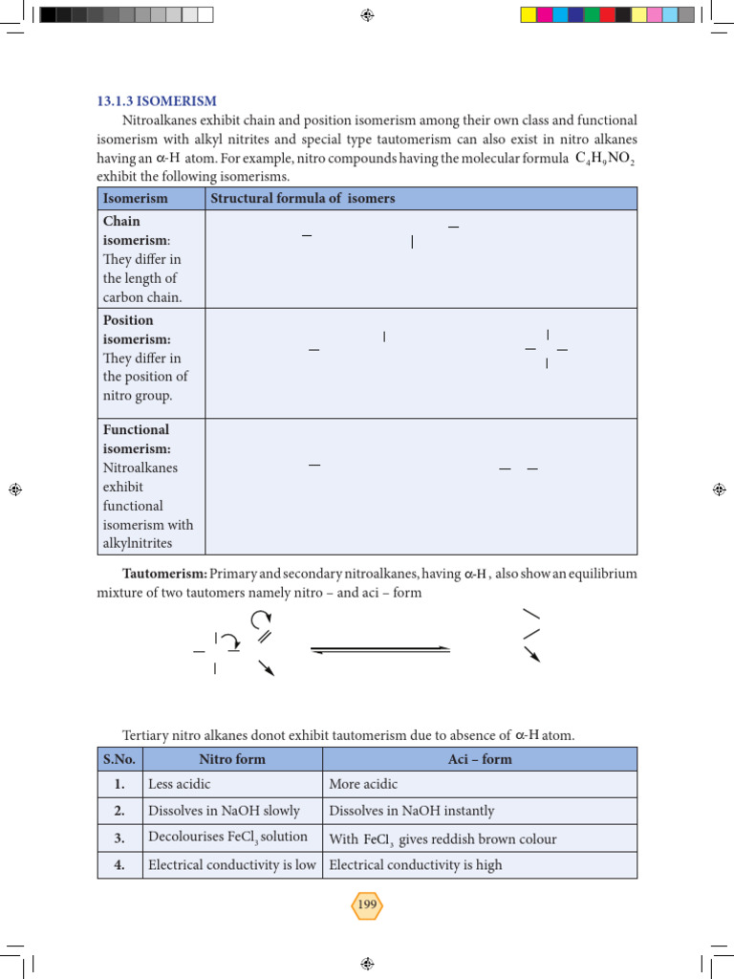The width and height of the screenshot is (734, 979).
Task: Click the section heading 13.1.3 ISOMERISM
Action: click(157, 100)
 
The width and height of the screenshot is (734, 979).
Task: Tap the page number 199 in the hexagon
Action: click(367, 904)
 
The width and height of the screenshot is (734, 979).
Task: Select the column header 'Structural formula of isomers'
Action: click(302, 199)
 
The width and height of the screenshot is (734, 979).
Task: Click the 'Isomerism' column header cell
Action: click(135, 199)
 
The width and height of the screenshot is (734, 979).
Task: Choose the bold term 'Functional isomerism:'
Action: click(137, 440)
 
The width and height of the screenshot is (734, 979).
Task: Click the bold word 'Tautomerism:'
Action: click(164, 574)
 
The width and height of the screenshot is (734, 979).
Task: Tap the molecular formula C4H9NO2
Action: click(605, 159)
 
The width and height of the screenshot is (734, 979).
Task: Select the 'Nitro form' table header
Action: click(232, 759)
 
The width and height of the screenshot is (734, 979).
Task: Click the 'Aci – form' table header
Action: click(480, 759)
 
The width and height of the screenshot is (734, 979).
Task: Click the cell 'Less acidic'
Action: click(178, 785)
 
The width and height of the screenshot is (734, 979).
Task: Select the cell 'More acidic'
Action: click(363, 785)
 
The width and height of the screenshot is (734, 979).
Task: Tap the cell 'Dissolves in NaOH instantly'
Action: click(412, 811)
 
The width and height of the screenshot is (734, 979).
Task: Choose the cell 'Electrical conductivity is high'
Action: click(416, 865)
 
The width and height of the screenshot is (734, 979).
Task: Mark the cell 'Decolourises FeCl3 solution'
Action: click(228, 838)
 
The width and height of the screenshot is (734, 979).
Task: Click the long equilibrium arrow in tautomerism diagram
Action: click(380, 649)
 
